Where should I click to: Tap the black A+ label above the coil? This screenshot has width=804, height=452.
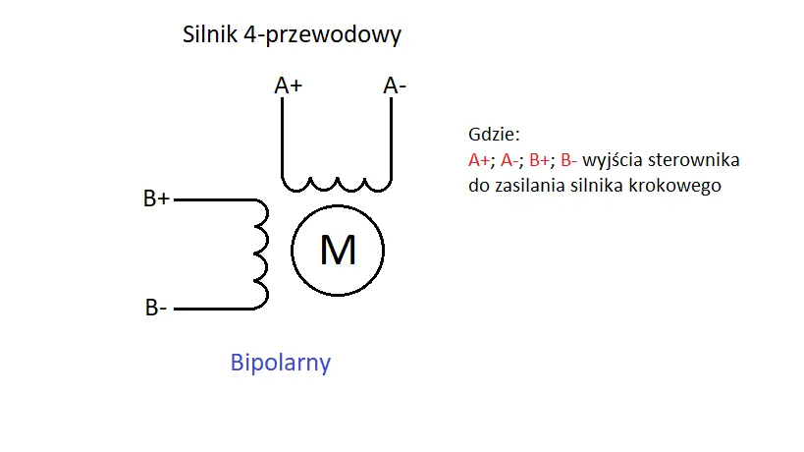(288, 86)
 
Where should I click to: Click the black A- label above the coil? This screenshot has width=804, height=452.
(395, 86)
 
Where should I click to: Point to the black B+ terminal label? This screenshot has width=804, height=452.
(156, 199)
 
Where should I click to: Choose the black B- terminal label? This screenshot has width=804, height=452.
(155, 309)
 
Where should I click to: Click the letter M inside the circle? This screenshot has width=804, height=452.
(338, 252)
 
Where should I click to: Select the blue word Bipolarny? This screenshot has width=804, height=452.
(280, 363)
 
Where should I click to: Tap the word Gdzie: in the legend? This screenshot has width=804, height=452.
(494, 135)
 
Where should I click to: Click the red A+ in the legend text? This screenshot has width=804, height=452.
(479, 159)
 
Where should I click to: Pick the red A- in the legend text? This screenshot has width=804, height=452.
(510, 159)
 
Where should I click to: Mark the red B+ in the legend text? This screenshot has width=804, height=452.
(540, 159)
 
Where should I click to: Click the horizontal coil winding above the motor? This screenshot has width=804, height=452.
(336, 183)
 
